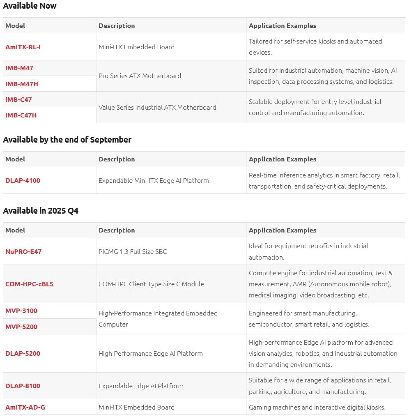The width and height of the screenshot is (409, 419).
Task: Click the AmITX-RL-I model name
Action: tap(23, 47)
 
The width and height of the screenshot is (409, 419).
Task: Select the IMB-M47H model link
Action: tap(22, 84)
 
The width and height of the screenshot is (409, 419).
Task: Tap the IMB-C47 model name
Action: tap(18, 99)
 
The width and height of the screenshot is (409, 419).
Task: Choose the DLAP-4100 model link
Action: tap(23, 180)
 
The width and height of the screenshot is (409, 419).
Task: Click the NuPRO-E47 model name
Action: tap(23, 251)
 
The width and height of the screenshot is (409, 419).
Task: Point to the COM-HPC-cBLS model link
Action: tap(30, 284)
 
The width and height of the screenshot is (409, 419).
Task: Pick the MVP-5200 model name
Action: tap(21, 327)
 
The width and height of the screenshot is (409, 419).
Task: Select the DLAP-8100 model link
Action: tap(23, 386)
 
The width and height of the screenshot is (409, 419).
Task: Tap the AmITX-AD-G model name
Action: tap(25, 407)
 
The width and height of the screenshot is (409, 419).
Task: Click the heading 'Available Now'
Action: tap(30, 6)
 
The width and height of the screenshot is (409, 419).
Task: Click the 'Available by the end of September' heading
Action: tap(67, 140)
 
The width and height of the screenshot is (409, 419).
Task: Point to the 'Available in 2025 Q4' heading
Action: tap(41, 211)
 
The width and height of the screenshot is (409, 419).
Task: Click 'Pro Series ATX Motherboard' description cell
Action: tap(140, 76)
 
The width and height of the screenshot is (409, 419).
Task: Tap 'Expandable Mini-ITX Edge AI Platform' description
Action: tap(154, 180)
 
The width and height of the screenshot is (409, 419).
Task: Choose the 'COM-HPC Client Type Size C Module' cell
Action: tap(151, 284)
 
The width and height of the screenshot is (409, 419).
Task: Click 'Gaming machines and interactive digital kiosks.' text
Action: tap(317, 407)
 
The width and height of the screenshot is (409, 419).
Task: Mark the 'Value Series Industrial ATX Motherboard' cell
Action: tap(157, 107)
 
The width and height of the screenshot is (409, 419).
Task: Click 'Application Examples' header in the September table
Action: tap(283, 159)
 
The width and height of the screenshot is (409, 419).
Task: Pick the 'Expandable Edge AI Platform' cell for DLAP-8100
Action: tap(141, 386)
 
